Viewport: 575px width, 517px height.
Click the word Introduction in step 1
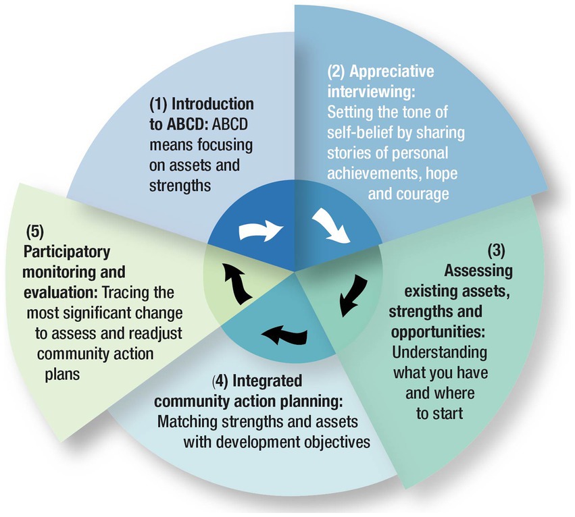(x=213, y=105)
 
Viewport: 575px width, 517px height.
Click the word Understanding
(x=439, y=353)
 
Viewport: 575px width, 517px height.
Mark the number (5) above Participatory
(x=34, y=232)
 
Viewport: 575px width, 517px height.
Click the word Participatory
(x=67, y=252)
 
